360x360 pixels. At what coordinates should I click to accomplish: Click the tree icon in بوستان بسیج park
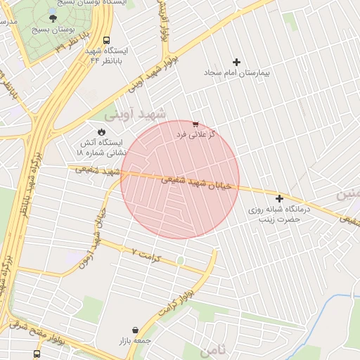point(53,18)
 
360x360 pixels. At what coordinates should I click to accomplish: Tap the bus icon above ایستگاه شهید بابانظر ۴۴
point(106,40)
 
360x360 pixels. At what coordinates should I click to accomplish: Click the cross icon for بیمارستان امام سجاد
point(236,63)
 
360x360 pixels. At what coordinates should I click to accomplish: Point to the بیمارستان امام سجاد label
point(237,73)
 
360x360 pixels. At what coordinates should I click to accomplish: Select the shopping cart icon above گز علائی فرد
point(195,124)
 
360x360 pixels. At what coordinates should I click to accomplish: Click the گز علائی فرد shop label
point(195,134)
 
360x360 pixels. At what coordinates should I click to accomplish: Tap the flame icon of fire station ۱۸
point(102,131)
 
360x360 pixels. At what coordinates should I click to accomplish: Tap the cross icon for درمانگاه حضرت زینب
point(280,199)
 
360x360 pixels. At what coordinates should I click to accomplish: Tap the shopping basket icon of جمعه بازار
point(134,330)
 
